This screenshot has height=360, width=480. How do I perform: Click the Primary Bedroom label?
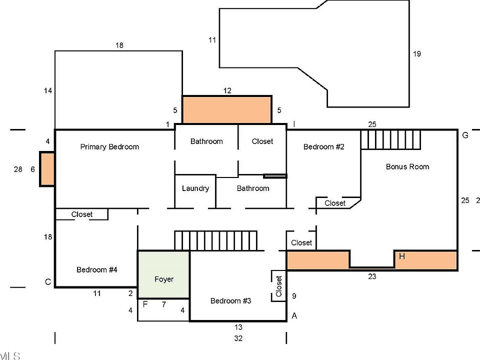click(109, 146)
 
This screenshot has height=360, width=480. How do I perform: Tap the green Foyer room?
click(163, 274)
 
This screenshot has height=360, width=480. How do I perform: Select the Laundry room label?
click(195, 188)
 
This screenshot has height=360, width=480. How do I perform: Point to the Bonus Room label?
click(407, 166)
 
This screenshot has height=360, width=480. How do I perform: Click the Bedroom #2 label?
click(325, 146)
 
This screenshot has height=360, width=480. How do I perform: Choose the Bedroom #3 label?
click(230, 300)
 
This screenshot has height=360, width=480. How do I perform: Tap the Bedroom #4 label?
click(96, 269)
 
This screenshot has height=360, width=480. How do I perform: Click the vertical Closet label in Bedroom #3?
click(278, 286)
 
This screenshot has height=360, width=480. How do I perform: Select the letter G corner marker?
click(465, 135)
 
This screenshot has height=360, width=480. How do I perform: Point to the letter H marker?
click(401, 256)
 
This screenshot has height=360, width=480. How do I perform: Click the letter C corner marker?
click(48, 282)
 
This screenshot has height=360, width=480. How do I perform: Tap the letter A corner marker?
click(294, 315)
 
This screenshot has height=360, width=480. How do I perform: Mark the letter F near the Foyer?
click(145, 303)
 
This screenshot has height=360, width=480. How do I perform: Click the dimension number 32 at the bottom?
click(238, 338)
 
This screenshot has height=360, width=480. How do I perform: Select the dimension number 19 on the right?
click(417, 53)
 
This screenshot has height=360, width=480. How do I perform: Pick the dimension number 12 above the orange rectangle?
click(227, 90)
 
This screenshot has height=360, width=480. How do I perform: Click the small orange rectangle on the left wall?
click(46, 169)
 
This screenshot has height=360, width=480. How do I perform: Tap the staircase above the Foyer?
click(215, 240)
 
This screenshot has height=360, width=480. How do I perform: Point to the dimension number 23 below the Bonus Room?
click(372, 276)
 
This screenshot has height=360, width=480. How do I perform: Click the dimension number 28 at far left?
click(18, 169)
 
